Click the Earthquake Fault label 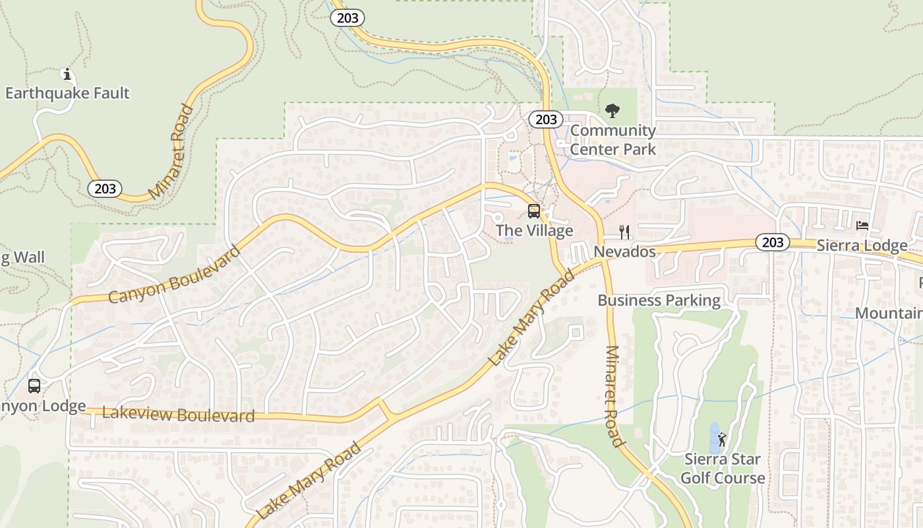(x=67, y=93)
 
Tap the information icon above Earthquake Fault (x=67, y=74)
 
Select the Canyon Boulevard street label (x=174, y=275)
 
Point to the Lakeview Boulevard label (x=178, y=415)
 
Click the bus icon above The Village (x=534, y=211)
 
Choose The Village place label (x=534, y=231)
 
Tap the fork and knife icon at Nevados (x=624, y=232)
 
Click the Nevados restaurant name (x=624, y=252)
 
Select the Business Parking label (x=659, y=301)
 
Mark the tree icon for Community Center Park (x=612, y=110)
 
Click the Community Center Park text (x=613, y=140)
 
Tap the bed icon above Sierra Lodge (x=862, y=226)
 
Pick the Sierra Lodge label (x=862, y=246)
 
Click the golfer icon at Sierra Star (x=723, y=439)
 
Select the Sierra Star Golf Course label (x=723, y=469)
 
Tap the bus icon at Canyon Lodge (x=34, y=386)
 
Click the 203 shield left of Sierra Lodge (x=772, y=242)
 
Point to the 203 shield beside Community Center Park (x=546, y=119)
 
